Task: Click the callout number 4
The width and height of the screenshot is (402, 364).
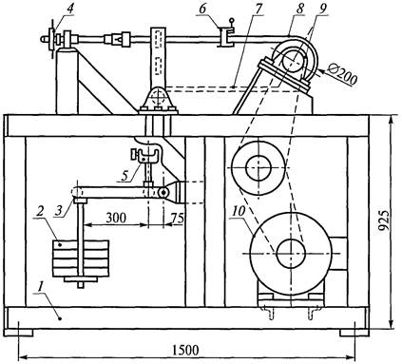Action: click(x=69, y=9)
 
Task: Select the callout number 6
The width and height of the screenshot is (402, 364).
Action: click(x=202, y=9)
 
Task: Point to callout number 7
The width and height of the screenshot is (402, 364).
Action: click(x=258, y=9)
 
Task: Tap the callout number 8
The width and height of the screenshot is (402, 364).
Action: click(x=297, y=9)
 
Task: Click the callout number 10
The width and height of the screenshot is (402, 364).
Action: click(x=239, y=212)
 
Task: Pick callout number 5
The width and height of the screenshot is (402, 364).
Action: click(x=126, y=176)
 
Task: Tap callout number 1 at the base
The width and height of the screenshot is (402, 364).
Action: click(x=40, y=288)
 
